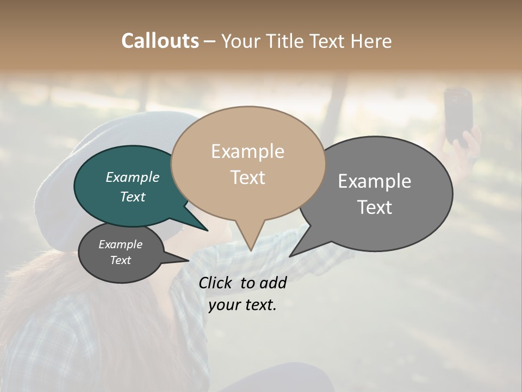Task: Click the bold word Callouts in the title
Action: coord(160,41)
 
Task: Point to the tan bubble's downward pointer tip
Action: coord(251,250)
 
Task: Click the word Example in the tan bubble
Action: coord(247,151)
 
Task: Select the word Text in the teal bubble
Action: coord(133,197)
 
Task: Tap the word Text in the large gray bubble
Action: coord(375,207)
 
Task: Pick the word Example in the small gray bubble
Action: coord(120,244)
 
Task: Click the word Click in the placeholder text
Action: coord(216,283)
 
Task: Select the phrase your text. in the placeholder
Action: coord(243,305)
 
